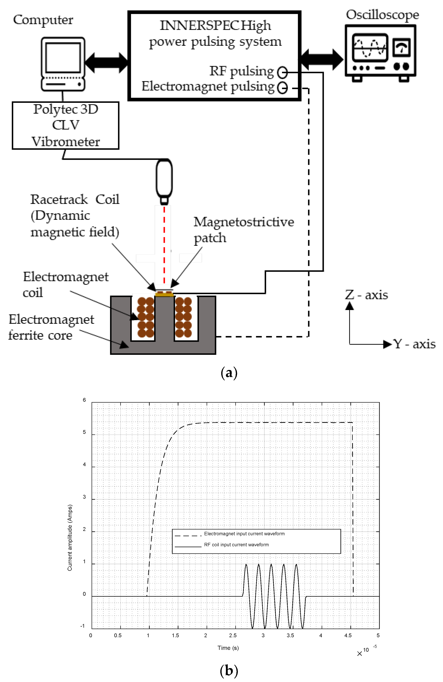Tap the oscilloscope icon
(x=380, y=53)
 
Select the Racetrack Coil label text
(x=75, y=199)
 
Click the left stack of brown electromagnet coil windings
(x=146, y=317)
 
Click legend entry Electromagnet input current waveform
(x=244, y=534)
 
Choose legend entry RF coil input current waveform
(x=236, y=545)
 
